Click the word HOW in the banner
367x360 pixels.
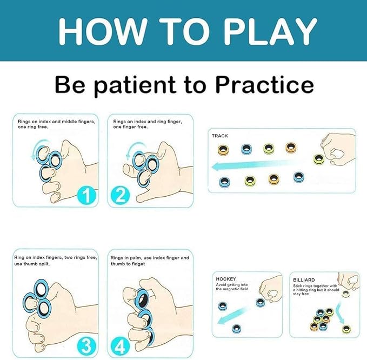point(103,31)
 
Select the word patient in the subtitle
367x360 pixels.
point(135,86)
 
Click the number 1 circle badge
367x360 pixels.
point(87,196)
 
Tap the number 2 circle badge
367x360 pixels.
point(121,196)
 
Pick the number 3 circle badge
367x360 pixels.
point(87,345)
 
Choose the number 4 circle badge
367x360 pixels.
point(121,345)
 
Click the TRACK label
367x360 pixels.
point(220,136)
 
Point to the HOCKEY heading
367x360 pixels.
point(226,279)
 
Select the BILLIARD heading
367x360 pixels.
point(304,280)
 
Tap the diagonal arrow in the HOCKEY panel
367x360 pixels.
point(232,316)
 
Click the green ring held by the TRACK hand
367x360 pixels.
point(319,159)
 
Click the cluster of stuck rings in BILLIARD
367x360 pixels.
point(322,319)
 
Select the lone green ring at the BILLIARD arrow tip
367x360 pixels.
point(346,329)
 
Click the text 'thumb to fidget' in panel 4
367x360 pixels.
point(128,264)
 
